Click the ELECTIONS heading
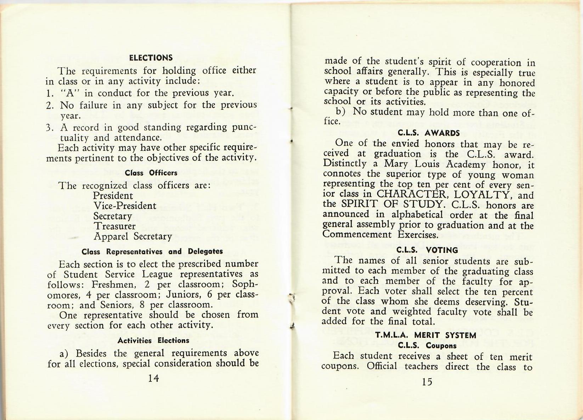(151, 58)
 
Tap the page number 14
(153, 378)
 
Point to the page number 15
(427, 381)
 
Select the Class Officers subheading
(151, 173)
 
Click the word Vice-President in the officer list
(125, 206)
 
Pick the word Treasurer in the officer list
(114, 226)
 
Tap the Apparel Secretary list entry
(133, 236)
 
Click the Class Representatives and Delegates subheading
(152, 251)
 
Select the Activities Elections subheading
(153, 341)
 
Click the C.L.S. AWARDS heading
(429, 133)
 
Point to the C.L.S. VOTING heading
(427, 250)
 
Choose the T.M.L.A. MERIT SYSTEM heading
(426, 335)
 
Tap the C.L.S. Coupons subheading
(427, 345)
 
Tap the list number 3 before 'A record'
(49, 127)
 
